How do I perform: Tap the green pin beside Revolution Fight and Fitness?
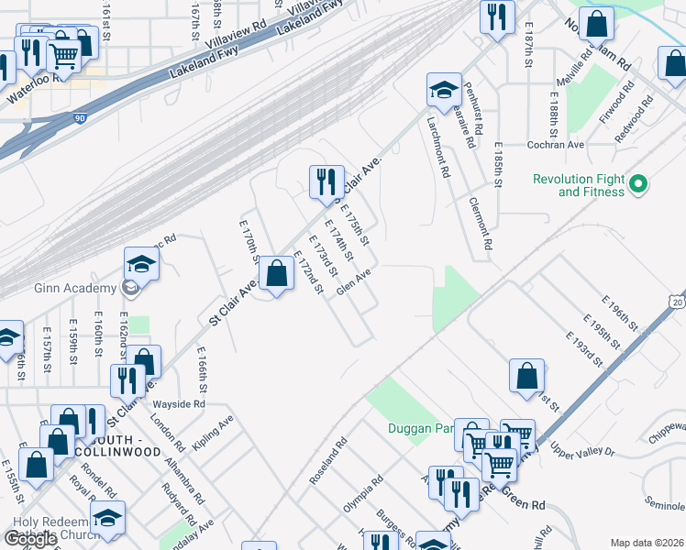(639, 184)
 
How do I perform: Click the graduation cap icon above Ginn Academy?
(142, 266)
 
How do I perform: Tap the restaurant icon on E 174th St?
(326, 183)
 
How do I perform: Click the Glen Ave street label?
(354, 281)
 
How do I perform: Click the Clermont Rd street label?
(480, 224)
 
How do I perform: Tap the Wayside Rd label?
(179, 403)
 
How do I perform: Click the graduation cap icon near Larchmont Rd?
(444, 92)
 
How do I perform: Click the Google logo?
(31, 539)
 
